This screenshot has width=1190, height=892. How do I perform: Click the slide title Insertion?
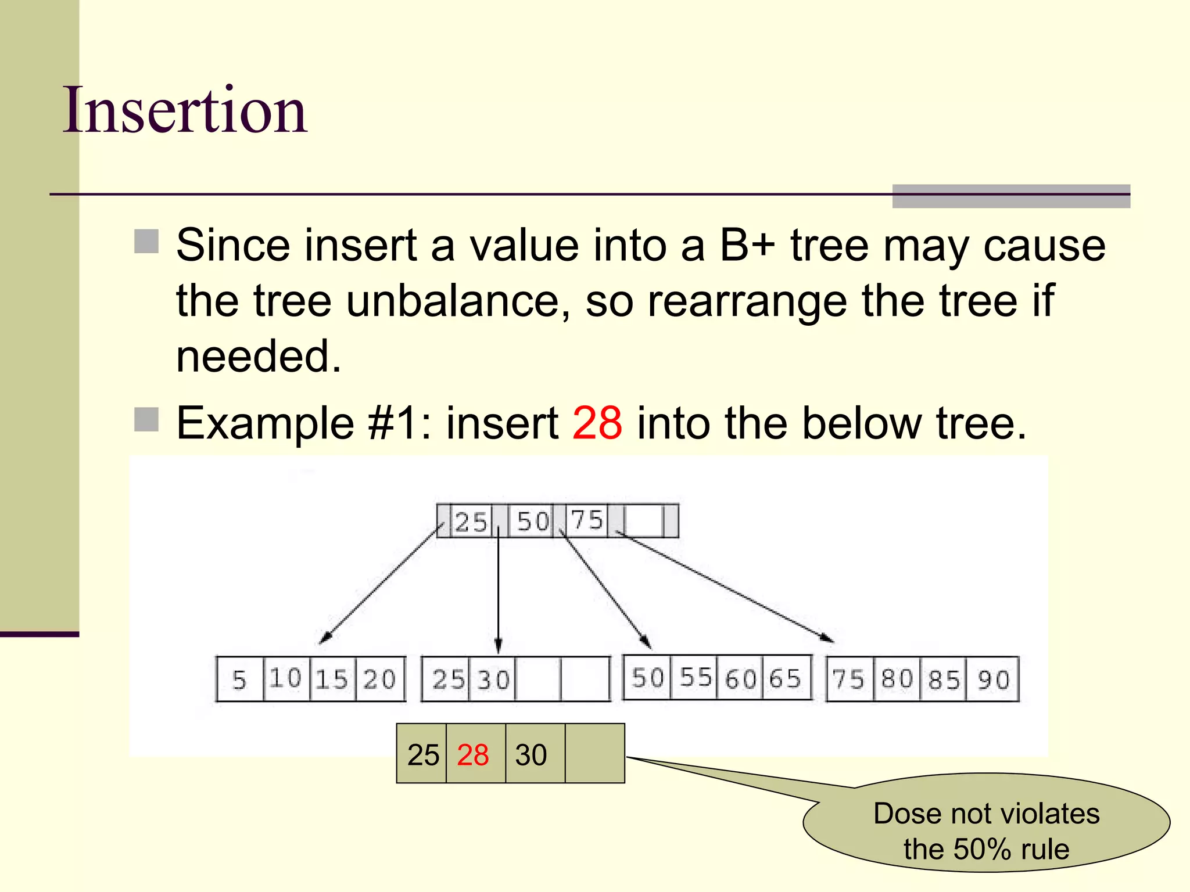click(185, 110)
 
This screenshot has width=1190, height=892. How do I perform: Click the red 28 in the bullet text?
click(597, 423)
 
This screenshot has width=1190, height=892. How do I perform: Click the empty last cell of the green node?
click(594, 754)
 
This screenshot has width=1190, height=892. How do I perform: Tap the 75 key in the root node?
click(587, 520)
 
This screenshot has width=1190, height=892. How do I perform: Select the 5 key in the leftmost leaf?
click(239, 679)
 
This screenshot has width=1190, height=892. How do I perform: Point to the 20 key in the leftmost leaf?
click(379, 679)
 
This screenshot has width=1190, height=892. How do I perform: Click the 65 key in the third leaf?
click(786, 678)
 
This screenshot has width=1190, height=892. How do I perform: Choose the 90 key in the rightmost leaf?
click(994, 679)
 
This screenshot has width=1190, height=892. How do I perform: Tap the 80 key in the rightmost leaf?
click(897, 678)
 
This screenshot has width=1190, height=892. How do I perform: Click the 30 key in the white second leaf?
click(493, 679)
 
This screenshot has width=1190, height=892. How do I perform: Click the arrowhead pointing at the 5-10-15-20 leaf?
click(324, 638)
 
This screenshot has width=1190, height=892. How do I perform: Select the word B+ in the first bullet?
click(747, 245)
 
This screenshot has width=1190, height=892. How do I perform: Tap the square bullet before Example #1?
click(146, 420)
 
